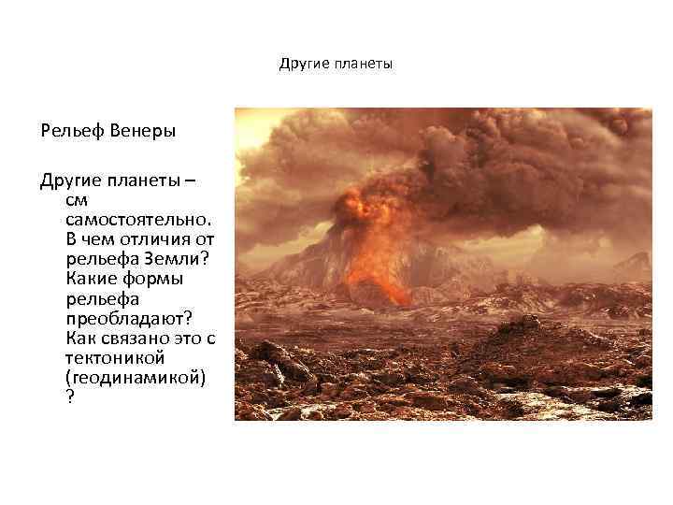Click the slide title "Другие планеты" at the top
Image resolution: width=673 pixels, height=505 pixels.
pos(336,65)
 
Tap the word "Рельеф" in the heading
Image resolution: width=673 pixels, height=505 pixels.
pos(71,130)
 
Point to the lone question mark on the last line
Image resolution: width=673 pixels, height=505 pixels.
pos(70,397)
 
